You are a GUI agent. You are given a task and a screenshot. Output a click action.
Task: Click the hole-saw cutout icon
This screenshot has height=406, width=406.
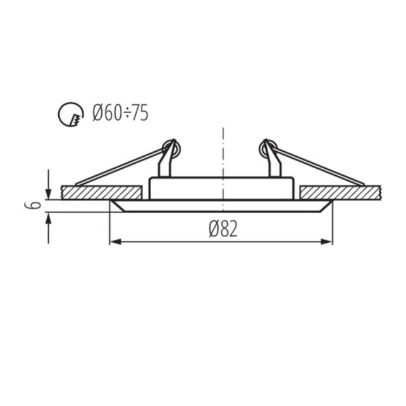(71, 114)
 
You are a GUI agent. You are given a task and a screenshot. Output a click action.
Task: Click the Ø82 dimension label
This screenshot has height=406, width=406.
(223, 228)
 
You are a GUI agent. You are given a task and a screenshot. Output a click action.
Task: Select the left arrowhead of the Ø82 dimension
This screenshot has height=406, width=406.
(114, 242)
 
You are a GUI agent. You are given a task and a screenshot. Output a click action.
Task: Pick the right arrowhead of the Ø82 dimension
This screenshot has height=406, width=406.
(328, 242)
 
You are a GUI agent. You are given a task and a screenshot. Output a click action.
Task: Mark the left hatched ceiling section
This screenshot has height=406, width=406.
(101, 192)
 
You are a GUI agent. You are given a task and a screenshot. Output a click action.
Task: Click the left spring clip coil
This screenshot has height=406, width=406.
(171, 149)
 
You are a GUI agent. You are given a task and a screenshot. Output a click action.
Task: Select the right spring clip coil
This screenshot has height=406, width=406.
(266, 149)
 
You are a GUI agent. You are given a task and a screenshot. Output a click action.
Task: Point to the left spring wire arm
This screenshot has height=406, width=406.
(120, 168)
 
